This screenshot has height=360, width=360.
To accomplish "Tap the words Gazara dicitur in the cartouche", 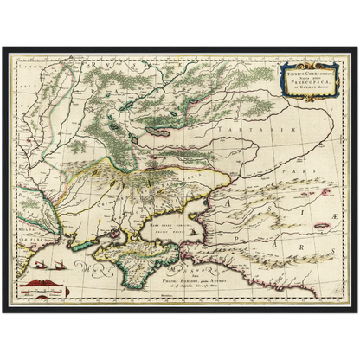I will coord(303,89).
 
